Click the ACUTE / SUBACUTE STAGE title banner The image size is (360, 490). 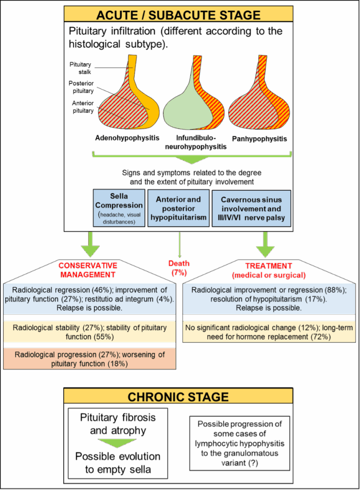pyautogui.click(x=178, y=15)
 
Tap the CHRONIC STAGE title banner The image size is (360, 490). pyautogui.click(x=178, y=397)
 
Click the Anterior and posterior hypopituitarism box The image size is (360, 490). pyautogui.click(x=178, y=208)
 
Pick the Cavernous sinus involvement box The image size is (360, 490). pyautogui.click(x=251, y=208)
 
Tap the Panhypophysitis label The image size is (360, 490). pyautogui.click(x=260, y=139)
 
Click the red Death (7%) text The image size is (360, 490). pyautogui.click(x=179, y=267)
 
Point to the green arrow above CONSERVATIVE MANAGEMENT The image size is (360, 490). pyautogui.click(x=90, y=243)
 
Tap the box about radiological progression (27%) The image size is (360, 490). pyautogui.click(x=89, y=359)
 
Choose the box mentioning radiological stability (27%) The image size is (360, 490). pyautogui.click(x=89, y=332)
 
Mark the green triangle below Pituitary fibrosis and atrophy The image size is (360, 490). pyautogui.click(x=118, y=443)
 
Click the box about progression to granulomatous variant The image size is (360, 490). pyautogui.click(x=239, y=443)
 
